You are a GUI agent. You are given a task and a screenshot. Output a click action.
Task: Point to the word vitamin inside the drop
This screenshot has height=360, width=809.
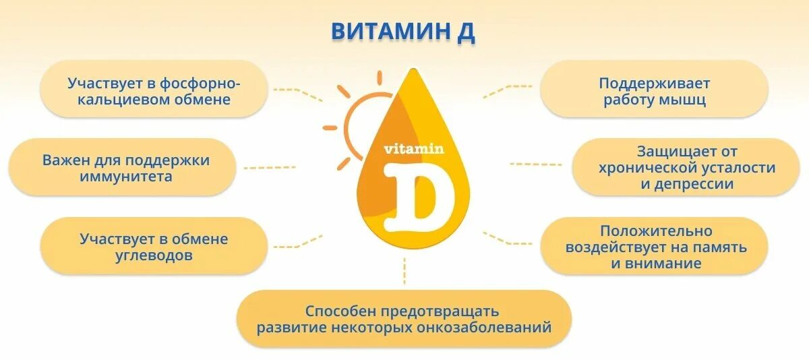point(414,149)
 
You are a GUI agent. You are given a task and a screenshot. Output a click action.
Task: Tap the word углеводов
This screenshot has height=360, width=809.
point(154,256)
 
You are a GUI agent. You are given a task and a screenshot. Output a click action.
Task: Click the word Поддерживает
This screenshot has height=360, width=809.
point(654,84)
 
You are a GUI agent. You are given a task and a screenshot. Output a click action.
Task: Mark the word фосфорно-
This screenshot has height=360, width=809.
point(200,84)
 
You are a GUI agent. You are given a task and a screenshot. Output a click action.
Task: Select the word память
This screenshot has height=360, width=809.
point(721,247)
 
